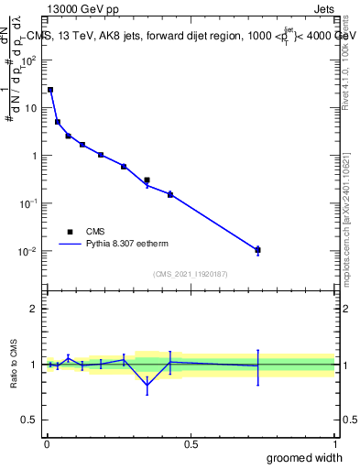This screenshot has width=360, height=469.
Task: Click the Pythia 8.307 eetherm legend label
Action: [126, 245]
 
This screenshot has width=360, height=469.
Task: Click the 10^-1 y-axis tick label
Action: [30, 203]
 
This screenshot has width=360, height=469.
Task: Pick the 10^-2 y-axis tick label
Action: [30, 251]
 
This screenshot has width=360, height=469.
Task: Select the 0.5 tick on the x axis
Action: [191, 444]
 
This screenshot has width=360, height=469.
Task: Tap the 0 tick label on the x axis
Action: [47, 444]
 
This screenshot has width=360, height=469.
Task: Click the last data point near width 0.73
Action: [257, 249]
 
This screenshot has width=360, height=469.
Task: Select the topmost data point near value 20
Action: [50, 90]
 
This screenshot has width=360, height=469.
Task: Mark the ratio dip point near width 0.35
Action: [147, 386]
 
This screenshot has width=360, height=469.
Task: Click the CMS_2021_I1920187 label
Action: [190, 274]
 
